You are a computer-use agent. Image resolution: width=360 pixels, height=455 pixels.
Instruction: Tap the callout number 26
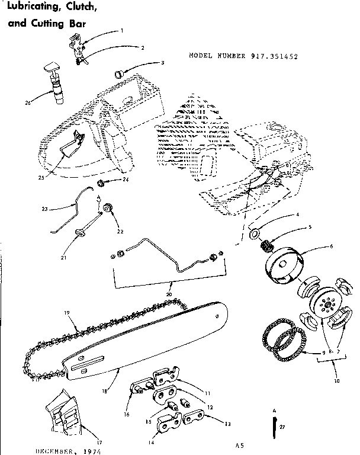(27, 102)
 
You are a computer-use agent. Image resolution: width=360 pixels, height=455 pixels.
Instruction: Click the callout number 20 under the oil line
(169, 294)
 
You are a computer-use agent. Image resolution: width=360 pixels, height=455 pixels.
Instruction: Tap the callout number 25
(41, 177)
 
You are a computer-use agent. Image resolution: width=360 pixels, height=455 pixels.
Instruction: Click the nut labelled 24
(101, 181)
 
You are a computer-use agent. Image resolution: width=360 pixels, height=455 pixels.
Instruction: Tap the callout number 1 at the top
(122, 30)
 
